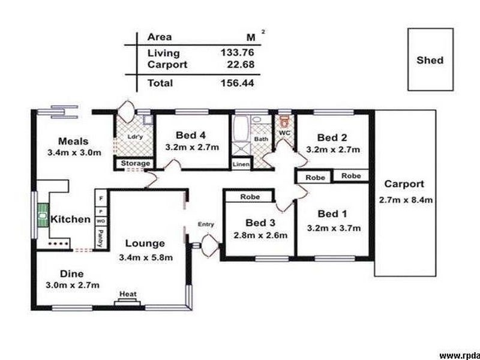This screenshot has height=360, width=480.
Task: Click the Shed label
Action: pyautogui.click(x=430, y=60)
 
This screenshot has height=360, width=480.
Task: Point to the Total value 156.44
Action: pyautogui.click(x=236, y=83)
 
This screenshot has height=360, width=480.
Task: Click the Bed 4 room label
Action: pyautogui.click(x=191, y=134)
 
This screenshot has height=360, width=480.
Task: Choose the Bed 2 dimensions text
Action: pyautogui.click(x=333, y=149)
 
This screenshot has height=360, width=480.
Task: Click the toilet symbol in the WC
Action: pyautogui.click(x=284, y=124)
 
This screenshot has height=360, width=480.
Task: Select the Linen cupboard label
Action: pyautogui.click(x=241, y=163)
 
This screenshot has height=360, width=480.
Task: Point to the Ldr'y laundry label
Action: pyautogui.click(x=135, y=136)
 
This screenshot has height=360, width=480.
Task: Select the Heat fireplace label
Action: pyautogui.click(x=127, y=294)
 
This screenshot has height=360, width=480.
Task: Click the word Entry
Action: pyautogui.click(x=206, y=224)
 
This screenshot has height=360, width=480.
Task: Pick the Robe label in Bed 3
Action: pyautogui.click(x=249, y=196)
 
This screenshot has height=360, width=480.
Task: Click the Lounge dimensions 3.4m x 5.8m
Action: pyautogui.click(x=145, y=258)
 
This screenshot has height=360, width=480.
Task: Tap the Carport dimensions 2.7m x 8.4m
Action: pyautogui.click(x=406, y=200)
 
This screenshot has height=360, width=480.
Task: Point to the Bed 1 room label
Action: pyautogui.click(x=332, y=214)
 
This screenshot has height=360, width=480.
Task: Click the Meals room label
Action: pyautogui.click(x=73, y=142)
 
